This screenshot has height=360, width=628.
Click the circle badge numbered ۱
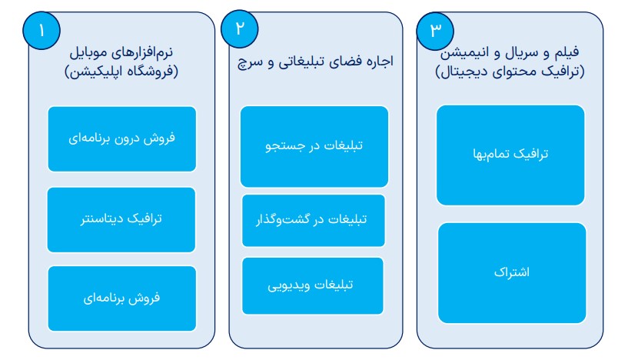click(x=42, y=31)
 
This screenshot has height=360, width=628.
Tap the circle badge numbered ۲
click(x=240, y=29)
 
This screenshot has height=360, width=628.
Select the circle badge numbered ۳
click(x=435, y=31)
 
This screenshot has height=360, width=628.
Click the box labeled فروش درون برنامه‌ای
click(x=121, y=138)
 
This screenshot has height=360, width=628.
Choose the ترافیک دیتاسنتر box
click(x=121, y=220)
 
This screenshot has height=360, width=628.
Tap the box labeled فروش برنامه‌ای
click(x=121, y=298)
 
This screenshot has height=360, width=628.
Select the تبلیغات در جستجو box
click(x=314, y=146)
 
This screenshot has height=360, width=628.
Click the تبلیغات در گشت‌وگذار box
click(x=314, y=221)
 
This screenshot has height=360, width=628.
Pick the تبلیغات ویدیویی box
click(x=313, y=286)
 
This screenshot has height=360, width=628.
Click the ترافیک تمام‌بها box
click(x=510, y=155)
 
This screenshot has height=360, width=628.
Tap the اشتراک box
click(x=512, y=273)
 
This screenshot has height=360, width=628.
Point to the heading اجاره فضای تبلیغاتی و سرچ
click(x=316, y=62)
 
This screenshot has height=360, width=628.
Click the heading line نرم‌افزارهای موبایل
click(x=121, y=52)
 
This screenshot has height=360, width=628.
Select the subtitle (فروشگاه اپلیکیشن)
click(x=121, y=72)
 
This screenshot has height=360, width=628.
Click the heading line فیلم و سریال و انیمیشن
click(x=510, y=52)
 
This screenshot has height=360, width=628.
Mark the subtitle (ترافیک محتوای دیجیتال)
click(x=510, y=72)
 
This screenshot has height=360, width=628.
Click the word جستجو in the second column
click(x=281, y=146)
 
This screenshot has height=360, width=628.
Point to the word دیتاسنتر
click(x=101, y=219)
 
